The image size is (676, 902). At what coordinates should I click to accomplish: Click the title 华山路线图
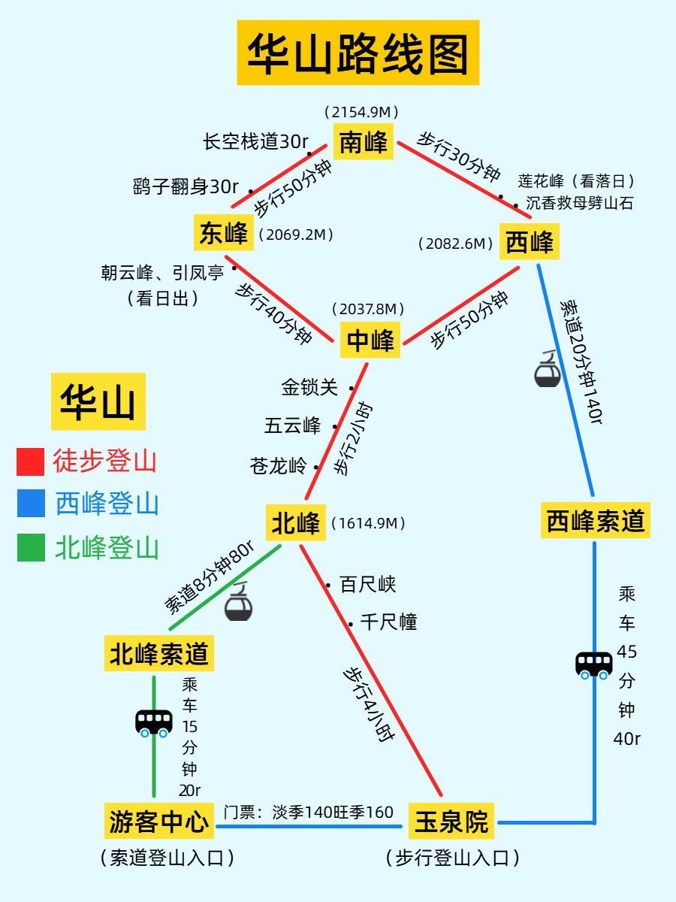coord(358,53)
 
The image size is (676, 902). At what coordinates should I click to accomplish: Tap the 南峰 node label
coord(363,141)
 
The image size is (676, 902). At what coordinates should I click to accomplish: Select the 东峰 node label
coord(223,233)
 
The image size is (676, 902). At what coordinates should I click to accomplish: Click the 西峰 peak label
coord(529,243)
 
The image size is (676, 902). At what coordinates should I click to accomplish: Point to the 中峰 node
coord(370,341)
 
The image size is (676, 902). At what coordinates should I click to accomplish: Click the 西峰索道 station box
coord(595,520)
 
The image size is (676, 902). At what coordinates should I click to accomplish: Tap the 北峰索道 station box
coord(158,653)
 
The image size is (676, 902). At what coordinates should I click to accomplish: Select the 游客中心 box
coord(158,821)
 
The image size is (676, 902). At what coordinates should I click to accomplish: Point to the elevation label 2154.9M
coord(361,112)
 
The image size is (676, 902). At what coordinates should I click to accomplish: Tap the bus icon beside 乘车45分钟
coord(593,665)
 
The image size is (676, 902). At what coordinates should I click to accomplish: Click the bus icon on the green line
coord(153,723)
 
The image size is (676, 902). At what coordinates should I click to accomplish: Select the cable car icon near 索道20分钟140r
coord(547,370)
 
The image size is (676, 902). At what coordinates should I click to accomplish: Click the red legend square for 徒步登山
coord(31,462)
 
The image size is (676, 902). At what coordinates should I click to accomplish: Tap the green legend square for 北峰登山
coord(31,548)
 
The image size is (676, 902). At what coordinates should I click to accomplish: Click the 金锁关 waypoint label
coord(309,387)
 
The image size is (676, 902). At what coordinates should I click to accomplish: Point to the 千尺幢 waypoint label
coord(388,622)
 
